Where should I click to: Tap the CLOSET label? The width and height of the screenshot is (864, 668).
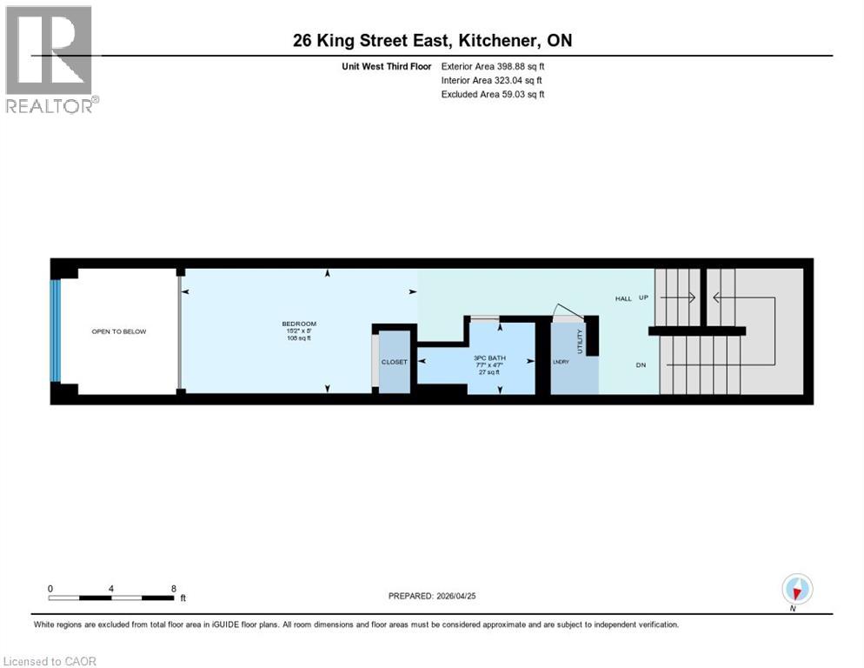394,362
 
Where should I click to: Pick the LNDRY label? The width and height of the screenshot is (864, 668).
560,362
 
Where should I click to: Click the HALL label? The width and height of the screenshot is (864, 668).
623,298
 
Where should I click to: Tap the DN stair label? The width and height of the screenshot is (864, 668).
641,365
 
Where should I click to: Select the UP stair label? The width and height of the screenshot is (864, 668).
644,298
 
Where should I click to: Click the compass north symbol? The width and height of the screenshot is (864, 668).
796,590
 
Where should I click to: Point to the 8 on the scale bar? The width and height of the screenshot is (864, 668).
175,588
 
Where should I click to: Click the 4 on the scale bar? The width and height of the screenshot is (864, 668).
112,588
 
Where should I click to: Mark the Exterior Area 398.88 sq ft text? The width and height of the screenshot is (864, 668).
493,66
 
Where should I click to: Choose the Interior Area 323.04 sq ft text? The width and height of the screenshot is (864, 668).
492,80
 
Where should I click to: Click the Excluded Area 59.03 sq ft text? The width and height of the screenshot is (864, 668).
493,94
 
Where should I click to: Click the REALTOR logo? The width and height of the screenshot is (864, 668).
50,59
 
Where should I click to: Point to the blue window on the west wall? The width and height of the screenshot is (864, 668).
56,331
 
